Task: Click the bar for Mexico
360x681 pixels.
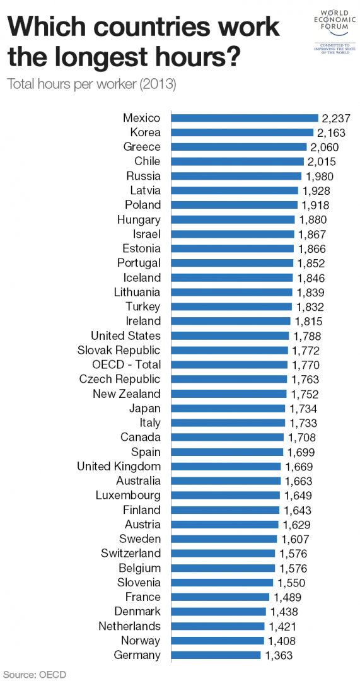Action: pyautogui.click(x=245, y=118)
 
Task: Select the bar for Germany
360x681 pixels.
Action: pyautogui.click(x=216, y=655)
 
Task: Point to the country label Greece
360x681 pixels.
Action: pyautogui.click(x=142, y=147)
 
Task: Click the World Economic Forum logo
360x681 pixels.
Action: pyautogui.click(x=335, y=32)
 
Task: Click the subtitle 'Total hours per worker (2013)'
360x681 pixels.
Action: pyautogui.click(x=91, y=84)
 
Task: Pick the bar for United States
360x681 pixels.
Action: pyautogui.click(x=230, y=335)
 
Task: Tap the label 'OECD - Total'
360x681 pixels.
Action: pyautogui.click(x=127, y=364)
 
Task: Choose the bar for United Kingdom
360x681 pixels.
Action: pyautogui.click(x=226, y=467)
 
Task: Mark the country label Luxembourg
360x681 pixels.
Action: pyautogui.click(x=128, y=496)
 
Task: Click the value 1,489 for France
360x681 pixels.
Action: pyautogui.click(x=287, y=597)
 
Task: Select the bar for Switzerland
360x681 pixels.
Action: pyautogui.click(x=223, y=554)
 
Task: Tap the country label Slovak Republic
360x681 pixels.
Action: pyautogui.click(x=119, y=350)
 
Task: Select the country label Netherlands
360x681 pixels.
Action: pyautogui.click(x=129, y=626)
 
